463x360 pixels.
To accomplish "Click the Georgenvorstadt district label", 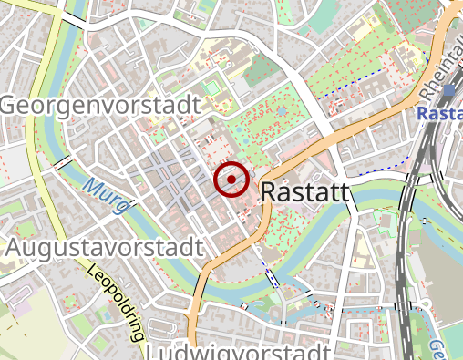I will [x=99, y=107].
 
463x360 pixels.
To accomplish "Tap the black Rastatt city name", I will [x=305, y=192].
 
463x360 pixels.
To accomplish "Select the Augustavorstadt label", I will [x=103, y=248].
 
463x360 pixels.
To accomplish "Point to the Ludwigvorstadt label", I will [x=237, y=353].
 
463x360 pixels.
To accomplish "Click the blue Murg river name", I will [x=101, y=197].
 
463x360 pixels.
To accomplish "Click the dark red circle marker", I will [x=231, y=180].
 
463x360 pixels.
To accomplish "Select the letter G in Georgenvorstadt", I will [x=10, y=107].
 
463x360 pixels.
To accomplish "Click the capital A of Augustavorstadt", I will [x=15, y=248].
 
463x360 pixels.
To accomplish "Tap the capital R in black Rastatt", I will [x=270, y=192].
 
